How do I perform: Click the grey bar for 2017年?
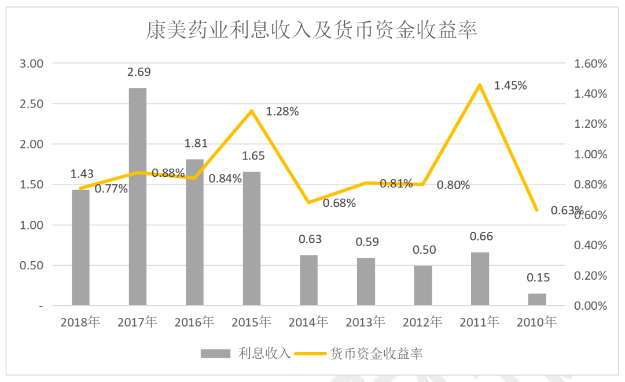click(x=138, y=196)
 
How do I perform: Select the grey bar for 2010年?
click(x=536, y=299)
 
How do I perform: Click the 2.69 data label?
click(x=138, y=72)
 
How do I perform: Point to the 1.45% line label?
click(x=510, y=86)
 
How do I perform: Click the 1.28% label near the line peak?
click(x=282, y=112)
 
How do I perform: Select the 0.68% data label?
click(x=339, y=203)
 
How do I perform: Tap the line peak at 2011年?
click(x=479, y=86)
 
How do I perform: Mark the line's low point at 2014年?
click(x=308, y=202)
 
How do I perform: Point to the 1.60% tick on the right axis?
click(x=590, y=64)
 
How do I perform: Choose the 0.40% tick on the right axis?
click(x=590, y=245)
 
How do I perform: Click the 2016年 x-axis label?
click(x=194, y=322)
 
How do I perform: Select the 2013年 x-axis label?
click(x=365, y=322)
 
